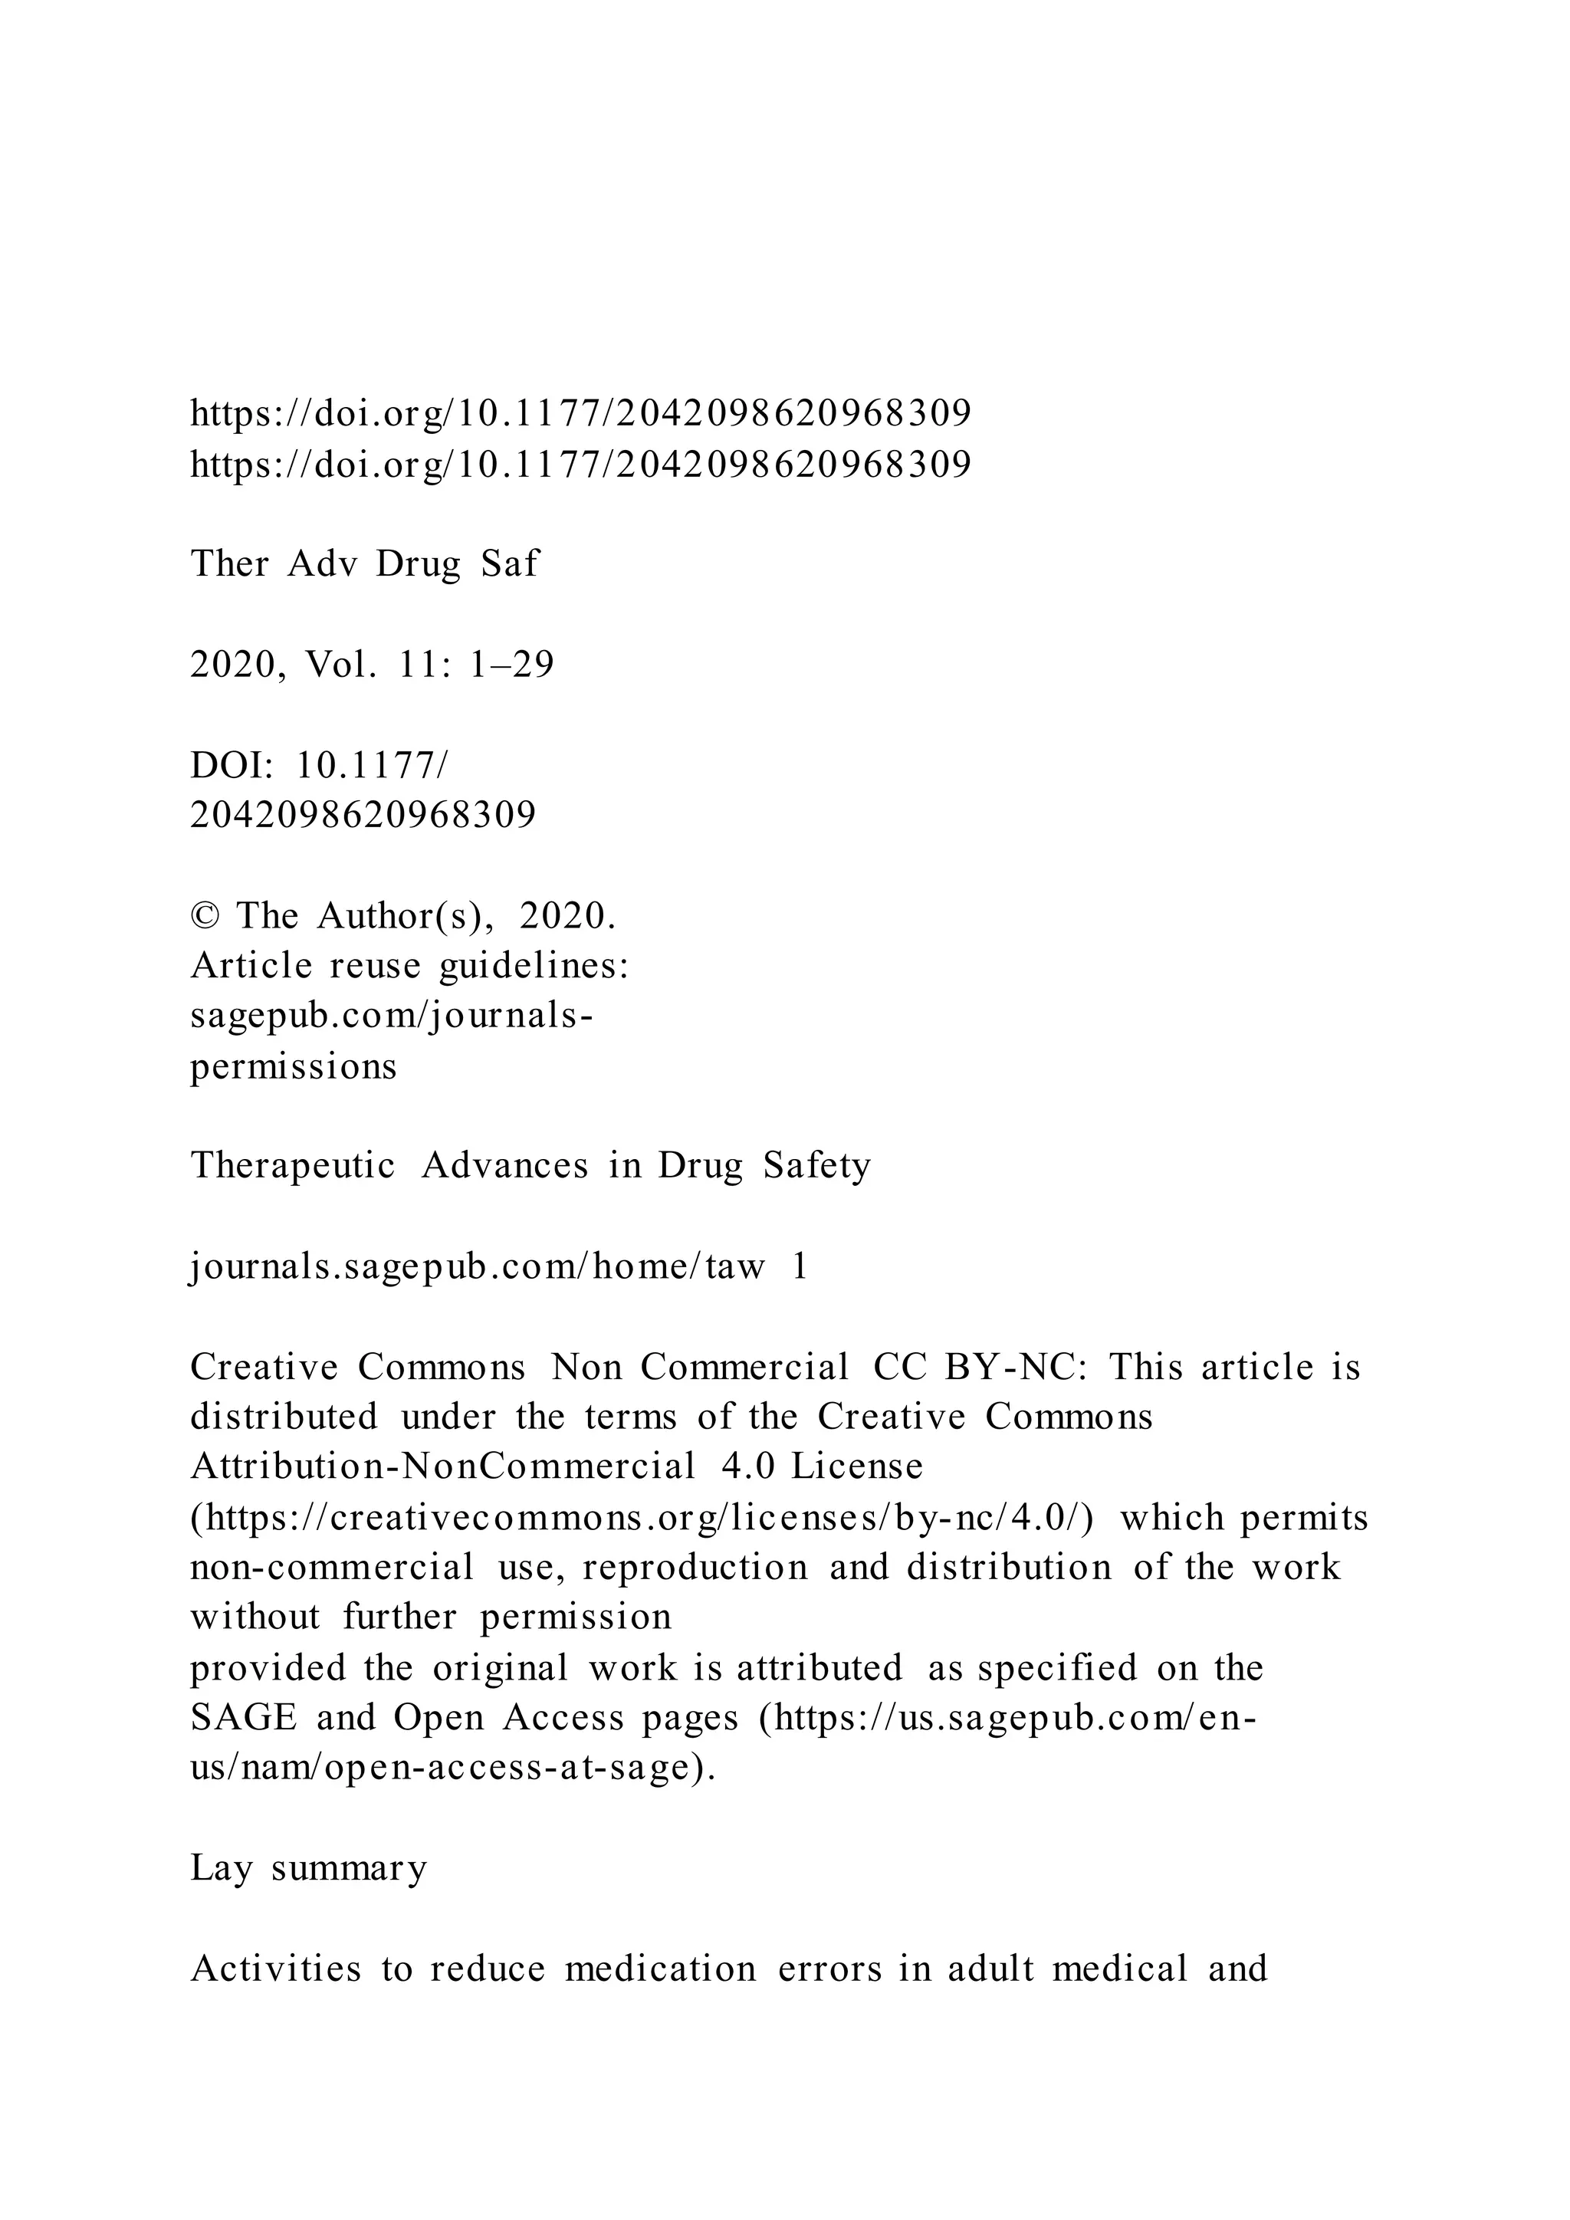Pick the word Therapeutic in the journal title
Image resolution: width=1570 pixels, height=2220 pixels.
(293, 1165)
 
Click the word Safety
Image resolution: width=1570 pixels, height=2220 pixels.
(817, 1165)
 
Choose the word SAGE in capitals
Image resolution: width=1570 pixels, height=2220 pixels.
(243, 1718)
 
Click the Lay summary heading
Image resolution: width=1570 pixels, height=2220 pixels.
(308, 1867)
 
